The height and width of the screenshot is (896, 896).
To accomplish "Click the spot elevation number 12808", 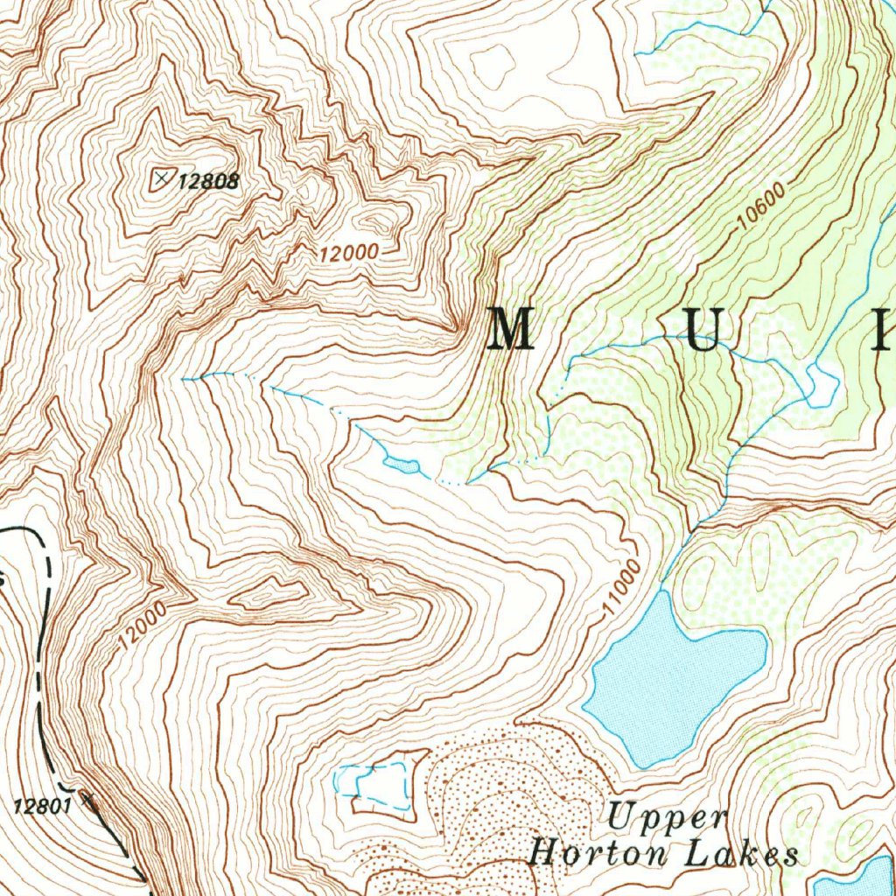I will click(x=208, y=182).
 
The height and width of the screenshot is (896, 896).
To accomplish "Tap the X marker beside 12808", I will click(x=161, y=178).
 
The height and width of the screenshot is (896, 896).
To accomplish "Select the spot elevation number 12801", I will click(x=42, y=806).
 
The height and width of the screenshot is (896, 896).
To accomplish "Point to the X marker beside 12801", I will click(x=86, y=797).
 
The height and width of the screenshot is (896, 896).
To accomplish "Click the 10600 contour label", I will click(x=760, y=206).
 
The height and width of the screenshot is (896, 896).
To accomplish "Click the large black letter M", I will click(x=511, y=329).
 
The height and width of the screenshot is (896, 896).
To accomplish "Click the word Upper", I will click(x=668, y=819).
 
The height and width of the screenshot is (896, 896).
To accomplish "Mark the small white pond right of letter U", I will click(x=821, y=384).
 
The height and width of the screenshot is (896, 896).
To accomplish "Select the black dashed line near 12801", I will click(x=41, y=665).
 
